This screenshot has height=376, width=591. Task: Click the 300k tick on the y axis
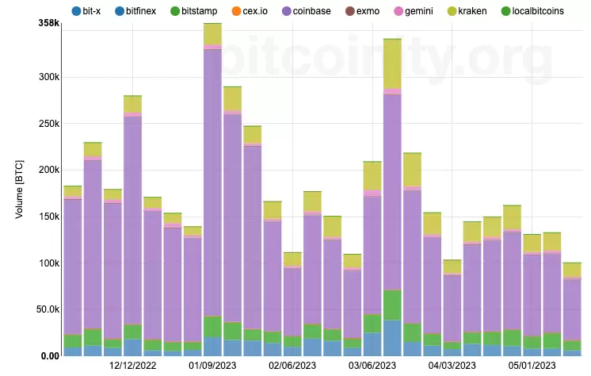click(x=49, y=78)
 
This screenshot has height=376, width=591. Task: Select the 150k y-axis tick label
click(x=49, y=217)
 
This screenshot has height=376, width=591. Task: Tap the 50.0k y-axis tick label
click(x=48, y=309)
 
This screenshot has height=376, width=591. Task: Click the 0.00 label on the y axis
click(x=49, y=355)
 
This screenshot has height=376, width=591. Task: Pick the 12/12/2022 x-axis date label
click(x=132, y=365)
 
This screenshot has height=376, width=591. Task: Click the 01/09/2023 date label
click(x=212, y=365)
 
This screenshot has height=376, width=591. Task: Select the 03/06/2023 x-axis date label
click(x=372, y=365)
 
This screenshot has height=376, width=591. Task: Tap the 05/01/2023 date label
click(x=532, y=365)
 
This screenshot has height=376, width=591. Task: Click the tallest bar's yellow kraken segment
click(x=212, y=34)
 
